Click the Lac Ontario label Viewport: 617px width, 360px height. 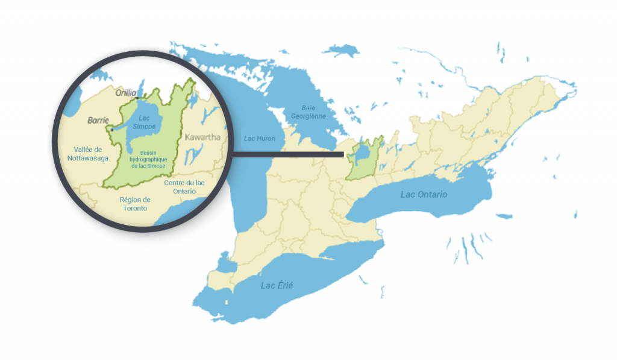click(x=424, y=195)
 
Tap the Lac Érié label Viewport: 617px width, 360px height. click(x=277, y=285)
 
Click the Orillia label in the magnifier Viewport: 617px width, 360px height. click(x=126, y=93)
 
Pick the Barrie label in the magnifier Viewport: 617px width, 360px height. click(x=98, y=120)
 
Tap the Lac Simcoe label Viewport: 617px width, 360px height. click(x=143, y=122)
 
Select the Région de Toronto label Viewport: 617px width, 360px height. click(x=135, y=204)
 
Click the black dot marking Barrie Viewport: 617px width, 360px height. click(x=112, y=129)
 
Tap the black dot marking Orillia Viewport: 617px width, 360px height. click(x=137, y=98)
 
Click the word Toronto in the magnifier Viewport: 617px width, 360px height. click(x=135, y=209)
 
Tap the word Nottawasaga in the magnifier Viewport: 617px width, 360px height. click(x=83, y=159)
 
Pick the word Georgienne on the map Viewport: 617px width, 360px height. click(x=308, y=115)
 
